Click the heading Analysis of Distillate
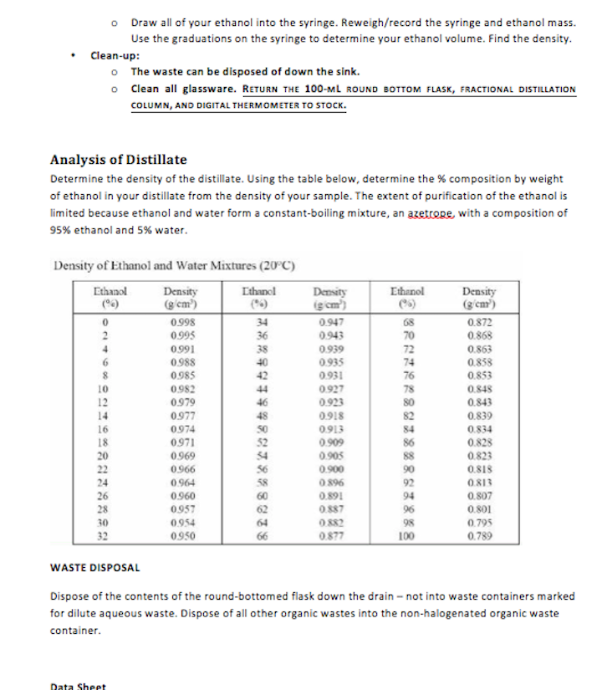point(119,160)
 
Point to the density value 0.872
point(479,322)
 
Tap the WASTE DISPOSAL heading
point(95,568)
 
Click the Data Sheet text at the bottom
point(79,687)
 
